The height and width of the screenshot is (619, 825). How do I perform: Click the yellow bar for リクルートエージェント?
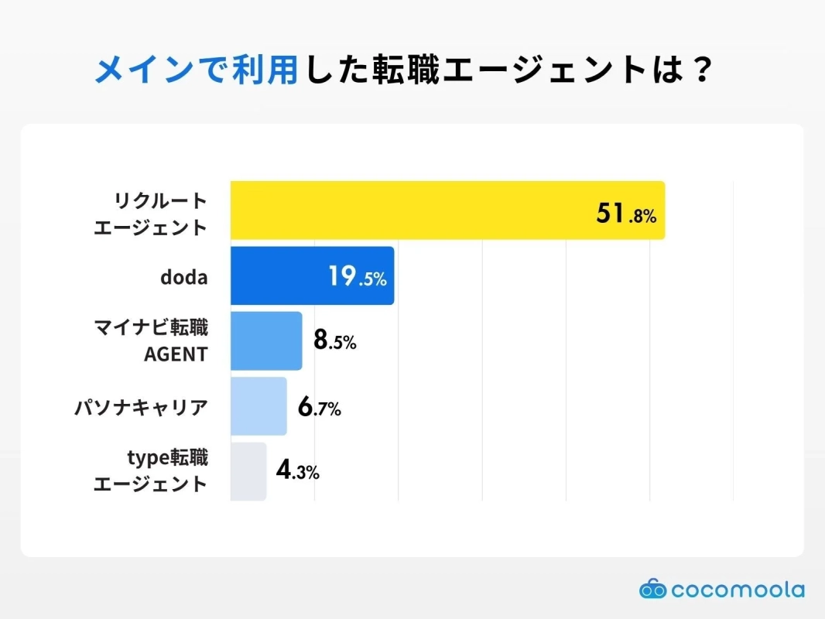[x=447, y=210]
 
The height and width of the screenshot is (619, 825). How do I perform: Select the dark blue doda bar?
[x=312, y=275]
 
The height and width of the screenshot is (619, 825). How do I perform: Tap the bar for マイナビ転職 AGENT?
[x=266, y=341]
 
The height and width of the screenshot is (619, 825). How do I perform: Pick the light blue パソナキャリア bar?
[x=258, y=406]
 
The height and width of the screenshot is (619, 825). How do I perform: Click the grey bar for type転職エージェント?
[x=248, y=471]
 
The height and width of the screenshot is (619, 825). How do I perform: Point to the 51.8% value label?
[x=626, y=214]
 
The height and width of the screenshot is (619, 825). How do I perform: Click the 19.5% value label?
[x=357, y=276]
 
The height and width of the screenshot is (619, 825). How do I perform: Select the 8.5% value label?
[x=334, y=341]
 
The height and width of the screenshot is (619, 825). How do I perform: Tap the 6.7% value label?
[x=319, y=407]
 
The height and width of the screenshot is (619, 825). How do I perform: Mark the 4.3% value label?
[x=297, y=471]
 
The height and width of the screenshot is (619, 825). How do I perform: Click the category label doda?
[x=183, y=276]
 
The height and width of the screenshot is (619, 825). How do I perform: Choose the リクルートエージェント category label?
[x=151, y=214]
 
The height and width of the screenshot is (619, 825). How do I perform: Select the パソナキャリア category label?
[x=141, y=407]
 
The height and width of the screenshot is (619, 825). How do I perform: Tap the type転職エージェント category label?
[x=151, y=471]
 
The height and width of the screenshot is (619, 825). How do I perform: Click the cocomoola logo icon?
[x=652, y=590]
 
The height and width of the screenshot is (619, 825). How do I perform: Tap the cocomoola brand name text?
[x=738, y=590]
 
